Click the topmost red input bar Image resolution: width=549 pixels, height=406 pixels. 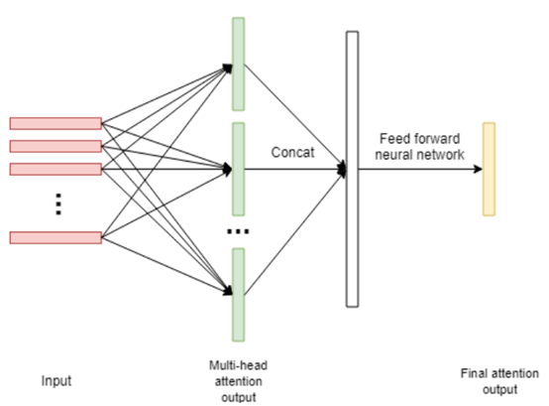click(x=55, y=123)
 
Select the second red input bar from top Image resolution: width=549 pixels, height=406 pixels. click(x=55, y=146)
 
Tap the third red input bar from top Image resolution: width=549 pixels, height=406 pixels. click(x=55, y=169)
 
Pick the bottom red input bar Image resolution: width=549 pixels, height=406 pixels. click(x=55, y=237)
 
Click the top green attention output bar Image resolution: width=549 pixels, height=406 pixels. click(x=239, y=65)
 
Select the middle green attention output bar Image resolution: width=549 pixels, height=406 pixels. click(x=239, y=169)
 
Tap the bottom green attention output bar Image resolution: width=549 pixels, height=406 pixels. click(x=239, y=295)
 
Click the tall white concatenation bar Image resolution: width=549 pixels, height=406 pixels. click(x=352, y=169)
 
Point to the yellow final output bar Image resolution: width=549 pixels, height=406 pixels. click(x=490, y=169)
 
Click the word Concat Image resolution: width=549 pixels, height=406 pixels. click(x=292, y=153)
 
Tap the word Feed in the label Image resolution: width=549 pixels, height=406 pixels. click(x=390, y=139)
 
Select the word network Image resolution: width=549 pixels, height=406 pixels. click(x=442, y=155)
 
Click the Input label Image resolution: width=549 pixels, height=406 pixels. click(x=56, y=381)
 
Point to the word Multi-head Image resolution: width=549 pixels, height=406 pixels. click(x=239, y=365)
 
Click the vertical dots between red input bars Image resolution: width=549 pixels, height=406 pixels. click(x=58, y=204)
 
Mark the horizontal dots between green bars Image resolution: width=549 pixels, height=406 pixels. click(x=238, y=231)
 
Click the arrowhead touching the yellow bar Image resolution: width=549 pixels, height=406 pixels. click(x=478, y=169)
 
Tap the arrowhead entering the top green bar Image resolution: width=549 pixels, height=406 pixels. click(x=228, y=68)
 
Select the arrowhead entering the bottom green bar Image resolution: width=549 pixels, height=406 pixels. click(x=228, y=290)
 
